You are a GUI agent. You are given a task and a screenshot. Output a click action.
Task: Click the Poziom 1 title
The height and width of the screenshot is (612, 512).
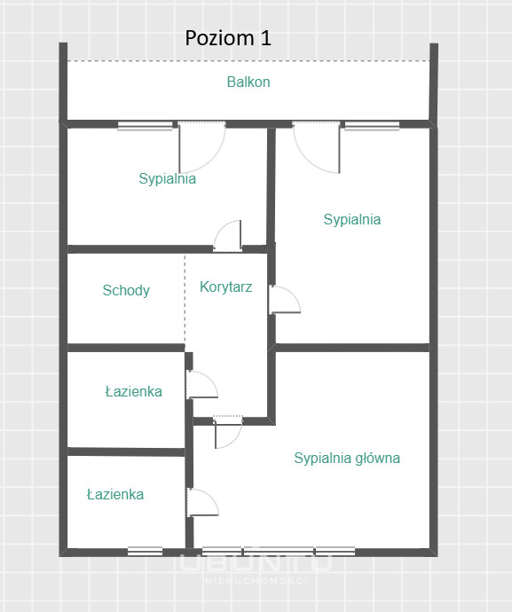[228, 38]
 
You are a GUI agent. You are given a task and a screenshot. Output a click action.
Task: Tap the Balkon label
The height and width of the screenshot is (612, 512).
[248, 82]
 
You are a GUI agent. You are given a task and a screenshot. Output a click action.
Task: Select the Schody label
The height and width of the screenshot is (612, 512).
[126, 290]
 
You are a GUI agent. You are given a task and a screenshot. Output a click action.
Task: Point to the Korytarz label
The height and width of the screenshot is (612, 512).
[225, 286]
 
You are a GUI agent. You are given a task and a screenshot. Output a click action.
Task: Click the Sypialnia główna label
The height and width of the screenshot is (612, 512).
[347, 459]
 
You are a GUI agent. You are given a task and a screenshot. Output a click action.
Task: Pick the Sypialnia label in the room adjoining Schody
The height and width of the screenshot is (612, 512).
[167, 179]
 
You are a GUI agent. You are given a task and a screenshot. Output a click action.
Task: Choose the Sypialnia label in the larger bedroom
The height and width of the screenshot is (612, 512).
[352, 219]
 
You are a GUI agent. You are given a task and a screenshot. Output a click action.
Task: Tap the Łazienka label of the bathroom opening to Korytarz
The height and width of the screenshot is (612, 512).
[134, 391]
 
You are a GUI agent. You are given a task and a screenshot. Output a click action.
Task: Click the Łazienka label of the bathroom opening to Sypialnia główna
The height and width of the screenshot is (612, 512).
[115, 495]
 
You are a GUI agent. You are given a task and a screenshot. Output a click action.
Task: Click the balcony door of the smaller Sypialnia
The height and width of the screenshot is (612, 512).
[202, 146]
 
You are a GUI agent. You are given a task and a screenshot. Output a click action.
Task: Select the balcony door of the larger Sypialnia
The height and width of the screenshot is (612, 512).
[316, 146]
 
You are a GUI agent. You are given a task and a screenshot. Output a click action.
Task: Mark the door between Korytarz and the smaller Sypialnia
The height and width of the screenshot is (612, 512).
[227, 236]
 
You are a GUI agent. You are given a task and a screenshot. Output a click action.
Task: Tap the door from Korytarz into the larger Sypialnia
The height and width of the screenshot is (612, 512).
[285, 300]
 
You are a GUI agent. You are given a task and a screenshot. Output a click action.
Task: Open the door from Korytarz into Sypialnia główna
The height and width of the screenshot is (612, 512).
[228, 433]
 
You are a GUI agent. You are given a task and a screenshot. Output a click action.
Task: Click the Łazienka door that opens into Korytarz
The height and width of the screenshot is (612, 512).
[201, 385]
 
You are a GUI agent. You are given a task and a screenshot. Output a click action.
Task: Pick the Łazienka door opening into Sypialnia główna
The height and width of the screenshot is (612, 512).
[202, 503]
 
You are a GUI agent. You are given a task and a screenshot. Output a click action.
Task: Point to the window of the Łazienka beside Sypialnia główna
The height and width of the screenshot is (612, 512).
[145, 551]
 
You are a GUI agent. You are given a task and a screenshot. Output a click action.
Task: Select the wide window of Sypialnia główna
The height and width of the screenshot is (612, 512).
[279, 551]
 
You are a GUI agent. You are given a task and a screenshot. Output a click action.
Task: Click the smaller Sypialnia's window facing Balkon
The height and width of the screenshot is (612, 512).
[145, 125]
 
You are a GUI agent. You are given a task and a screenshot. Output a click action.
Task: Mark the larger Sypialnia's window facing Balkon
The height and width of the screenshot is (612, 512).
[372, 125]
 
